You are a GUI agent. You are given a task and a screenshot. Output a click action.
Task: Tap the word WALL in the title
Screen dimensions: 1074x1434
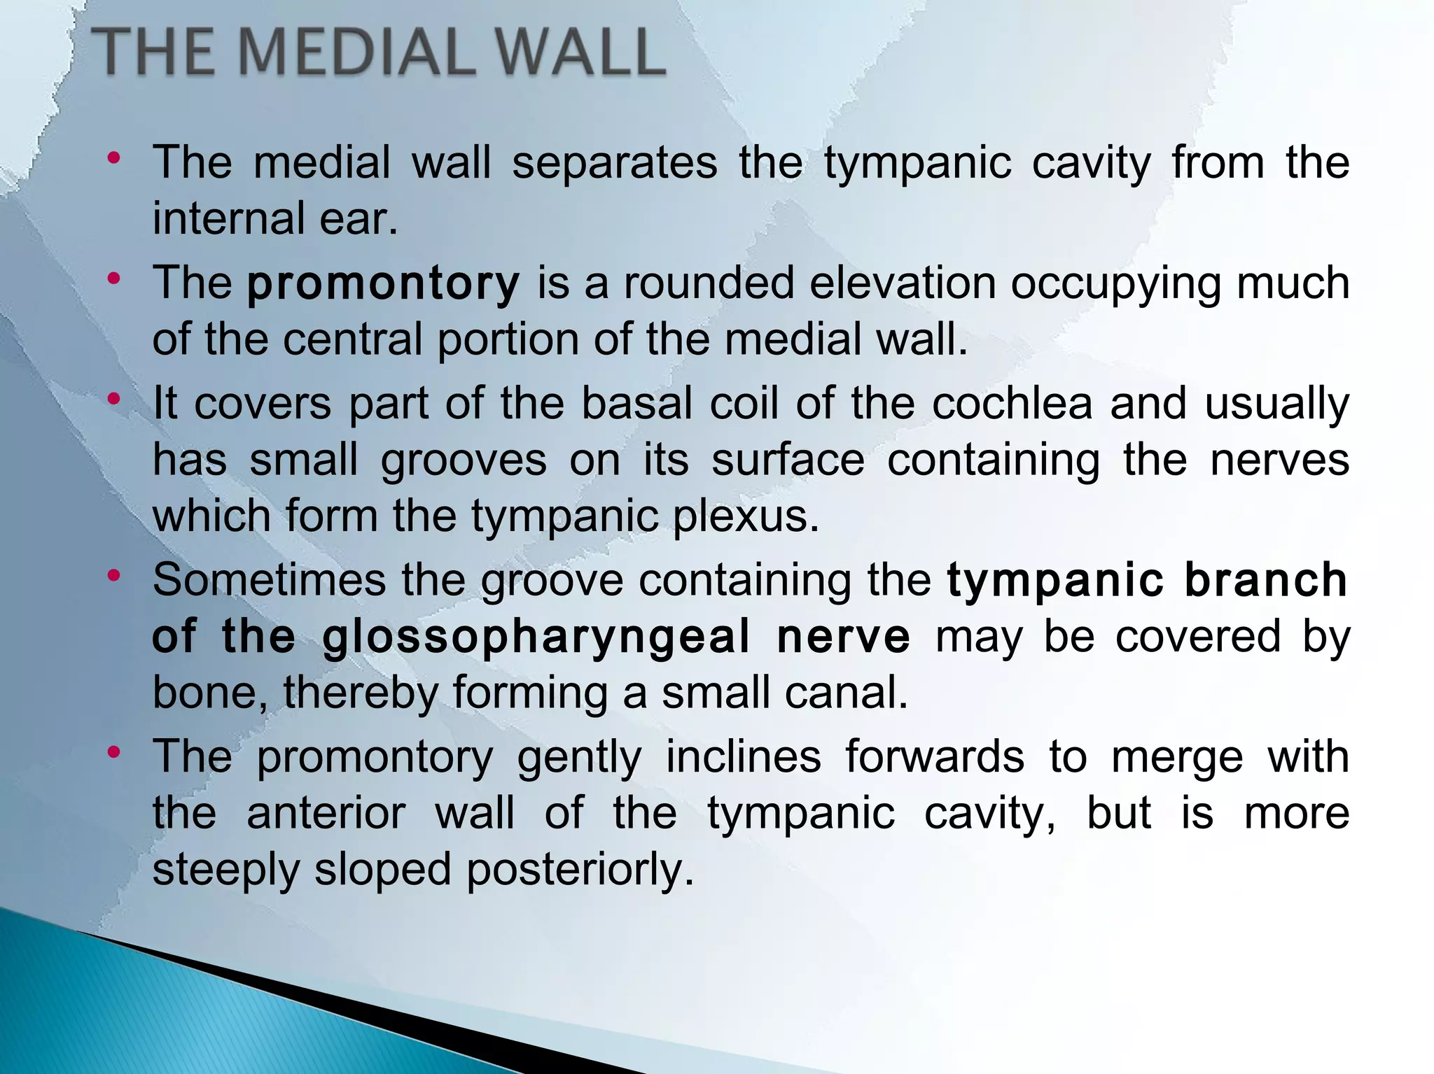(x=576, y=52)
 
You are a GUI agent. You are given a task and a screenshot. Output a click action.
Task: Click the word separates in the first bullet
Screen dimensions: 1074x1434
(x=614, y=162)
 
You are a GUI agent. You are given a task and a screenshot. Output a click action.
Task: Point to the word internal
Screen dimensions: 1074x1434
(x=228, y=219)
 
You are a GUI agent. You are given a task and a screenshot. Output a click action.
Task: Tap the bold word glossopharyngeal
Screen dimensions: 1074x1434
(x=536, y=637)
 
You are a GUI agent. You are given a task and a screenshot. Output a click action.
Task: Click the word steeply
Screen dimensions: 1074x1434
(x=225, y=871)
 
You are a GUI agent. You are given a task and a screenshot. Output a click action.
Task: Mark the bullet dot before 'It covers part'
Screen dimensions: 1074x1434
(x=114, y=400)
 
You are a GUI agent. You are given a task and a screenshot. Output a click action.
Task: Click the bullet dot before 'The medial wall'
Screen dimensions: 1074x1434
(x=114, y=158)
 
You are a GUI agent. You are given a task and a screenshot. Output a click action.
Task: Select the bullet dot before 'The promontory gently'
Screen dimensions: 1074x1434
(x=114, y=753)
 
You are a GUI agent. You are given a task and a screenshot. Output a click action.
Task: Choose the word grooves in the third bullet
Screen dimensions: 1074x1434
(x=464, y=461)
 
